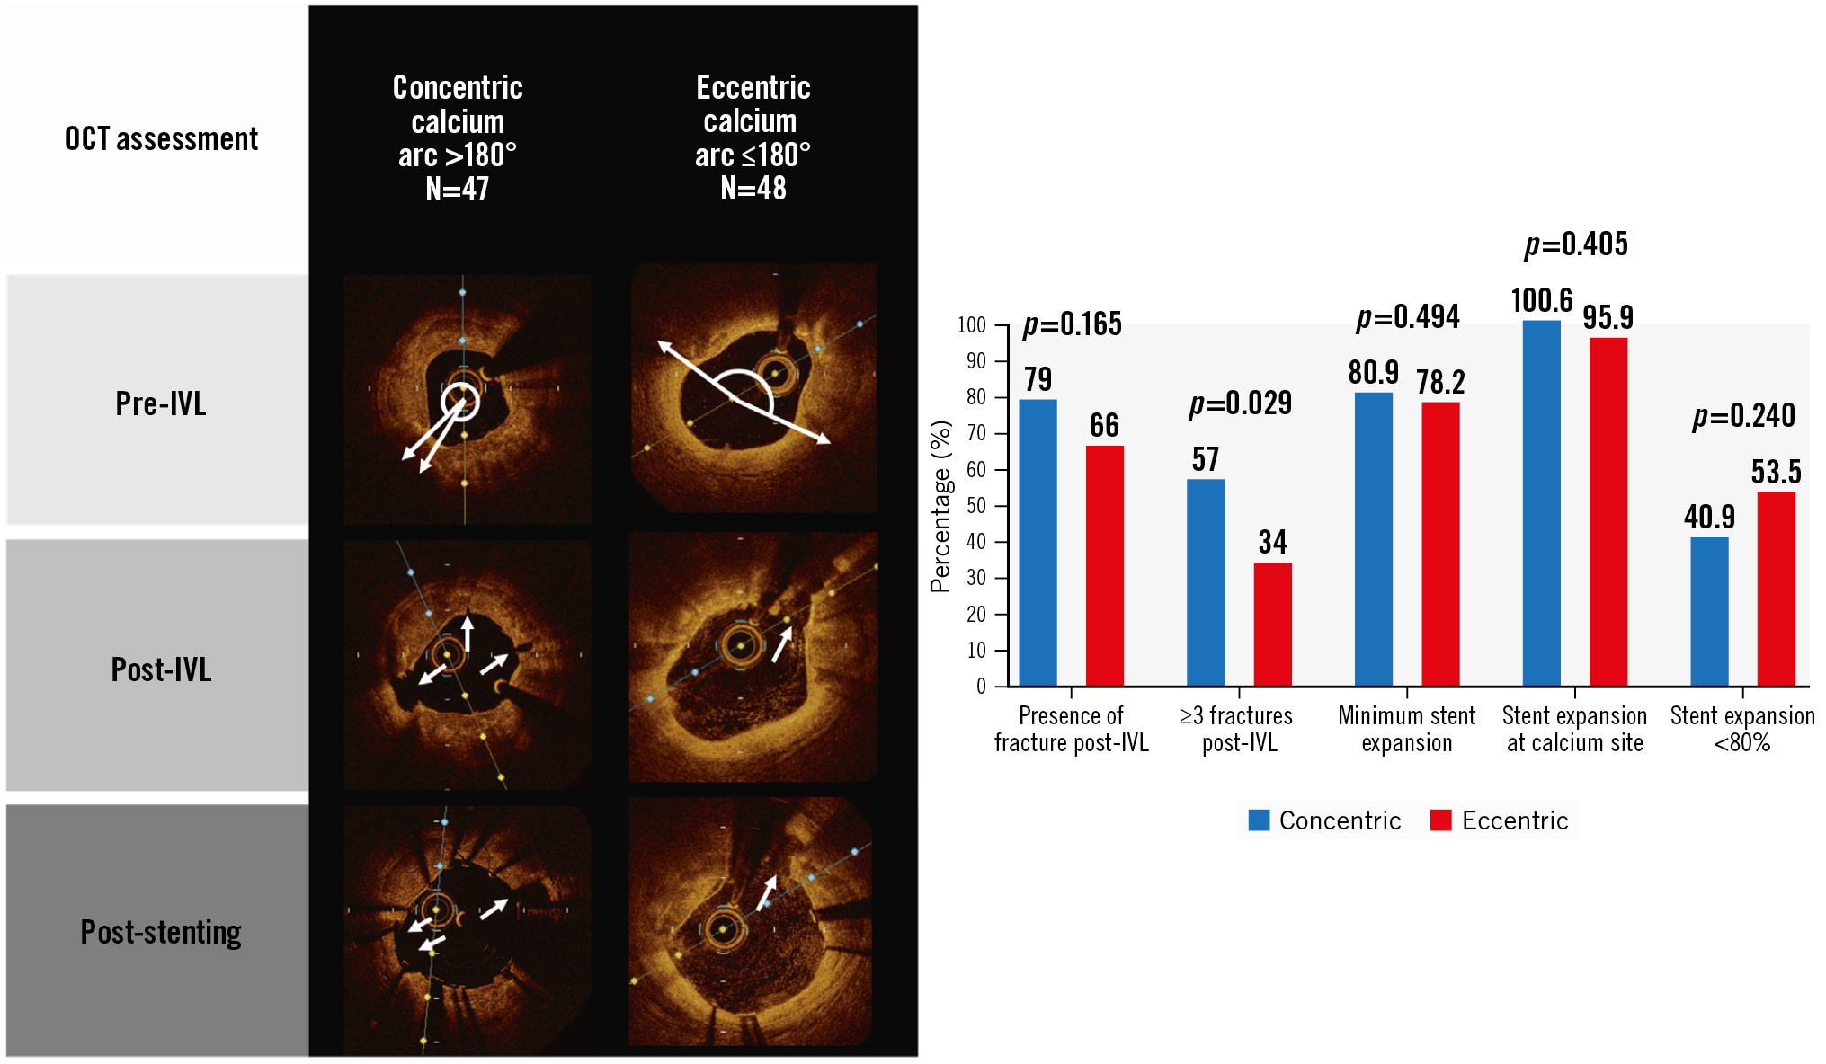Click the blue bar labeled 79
coord(1038,543)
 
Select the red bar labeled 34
coord(1272,625)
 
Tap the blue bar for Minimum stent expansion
coord(1373,539)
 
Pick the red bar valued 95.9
coord(1608,512)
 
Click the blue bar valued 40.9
coord(1709,612)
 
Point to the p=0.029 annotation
coord(1240,403)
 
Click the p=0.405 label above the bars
coord(1576,244)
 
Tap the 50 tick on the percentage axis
coord(975,506)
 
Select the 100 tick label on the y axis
coord(972,325)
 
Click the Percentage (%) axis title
coord(940,506)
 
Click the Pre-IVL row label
coord(161,403)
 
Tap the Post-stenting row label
coord(161,932)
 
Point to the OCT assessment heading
coord(161,139)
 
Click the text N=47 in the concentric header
coord(458,189)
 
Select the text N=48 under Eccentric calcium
coord(753,189)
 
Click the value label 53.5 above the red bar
coord(1776,472)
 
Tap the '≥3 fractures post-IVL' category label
coord(1238,729)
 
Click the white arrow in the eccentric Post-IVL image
coord(782,644)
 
